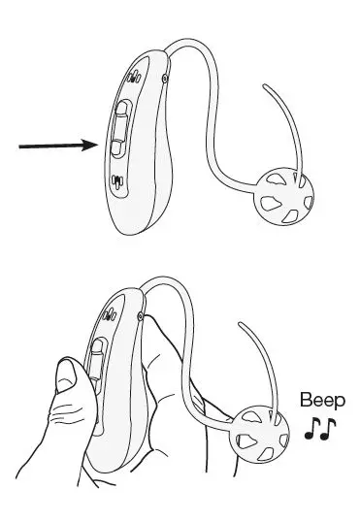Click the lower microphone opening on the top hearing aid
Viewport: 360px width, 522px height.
117,181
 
